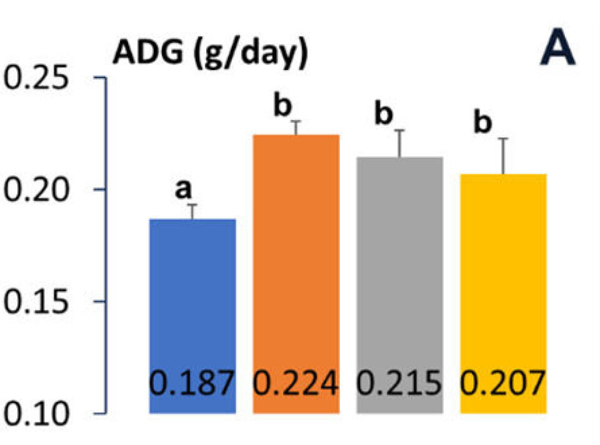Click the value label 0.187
(192, 383)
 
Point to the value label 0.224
(296, 383)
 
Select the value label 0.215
(399, 383)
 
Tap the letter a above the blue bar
(182, 189)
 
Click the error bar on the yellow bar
(504, 156)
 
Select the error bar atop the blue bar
(193, 211)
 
